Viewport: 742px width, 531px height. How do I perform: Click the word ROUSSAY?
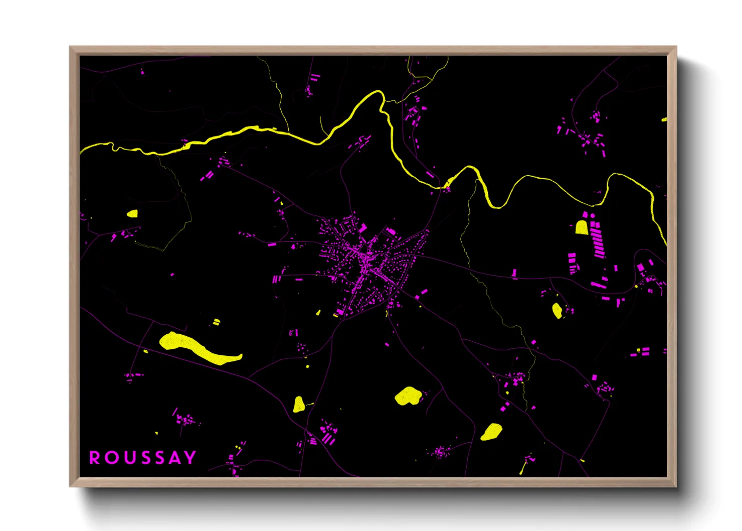click(142, 458)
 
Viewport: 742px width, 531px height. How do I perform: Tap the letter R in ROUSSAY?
click(94, 458)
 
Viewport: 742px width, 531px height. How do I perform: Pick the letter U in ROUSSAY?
click(126, 458)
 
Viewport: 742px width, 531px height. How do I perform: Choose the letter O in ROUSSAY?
click(110, 458)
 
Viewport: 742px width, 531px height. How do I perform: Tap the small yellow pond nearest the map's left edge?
click(132, 214)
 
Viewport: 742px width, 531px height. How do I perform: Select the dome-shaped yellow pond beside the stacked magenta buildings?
click(582, 228)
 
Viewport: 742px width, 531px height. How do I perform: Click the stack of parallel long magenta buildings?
click(598, 243)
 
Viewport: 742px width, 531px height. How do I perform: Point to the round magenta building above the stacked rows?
click(592, 216)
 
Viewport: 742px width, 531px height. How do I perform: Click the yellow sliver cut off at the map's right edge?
click(664, 120)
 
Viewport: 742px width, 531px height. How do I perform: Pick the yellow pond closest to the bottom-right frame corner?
click(492, 432)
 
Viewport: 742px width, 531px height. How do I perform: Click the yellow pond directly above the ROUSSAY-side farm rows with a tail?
click(299, 405)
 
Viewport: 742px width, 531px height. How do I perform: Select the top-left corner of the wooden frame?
click(71, 47)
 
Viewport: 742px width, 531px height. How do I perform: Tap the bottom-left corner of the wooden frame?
click(71, 486)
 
